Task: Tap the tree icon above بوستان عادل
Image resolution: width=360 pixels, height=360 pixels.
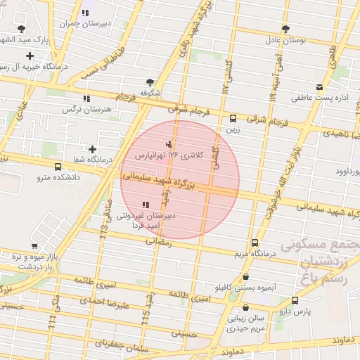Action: (285, 29)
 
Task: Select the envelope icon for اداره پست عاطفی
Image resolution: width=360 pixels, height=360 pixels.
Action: (320, 86)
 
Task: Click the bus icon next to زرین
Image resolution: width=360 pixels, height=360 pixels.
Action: (233, 118)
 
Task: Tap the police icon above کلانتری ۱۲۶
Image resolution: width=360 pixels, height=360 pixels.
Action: (167, 144)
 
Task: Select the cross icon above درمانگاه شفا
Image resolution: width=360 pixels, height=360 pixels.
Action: (92, 149)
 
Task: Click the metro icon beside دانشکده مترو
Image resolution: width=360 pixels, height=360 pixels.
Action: (58, 167)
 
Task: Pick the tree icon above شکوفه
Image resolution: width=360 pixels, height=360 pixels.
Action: (149, 82)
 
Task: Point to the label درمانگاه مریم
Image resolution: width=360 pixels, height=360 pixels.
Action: (251, 252)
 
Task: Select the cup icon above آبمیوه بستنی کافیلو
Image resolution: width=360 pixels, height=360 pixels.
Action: (245, 276)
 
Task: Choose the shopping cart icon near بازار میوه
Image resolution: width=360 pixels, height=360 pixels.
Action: (34, 246)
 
